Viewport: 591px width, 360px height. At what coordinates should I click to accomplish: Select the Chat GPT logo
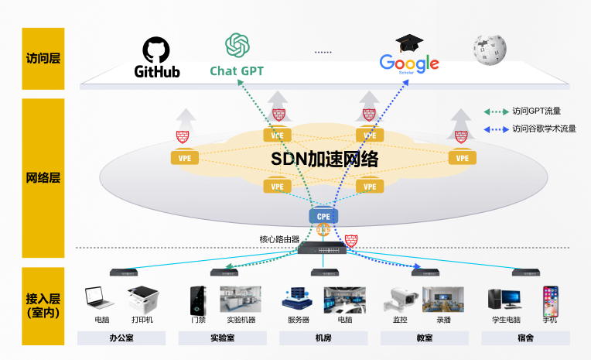pyautogui.click(x=237, y=56)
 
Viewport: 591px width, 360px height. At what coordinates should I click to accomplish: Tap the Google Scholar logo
pyautogui.click(x=409, y=56)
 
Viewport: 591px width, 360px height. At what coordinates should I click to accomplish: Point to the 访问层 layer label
pyautogui.click(x=43, y=58)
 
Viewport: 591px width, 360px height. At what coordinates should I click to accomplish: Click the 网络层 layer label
pyautogui.click(x=43, y=177)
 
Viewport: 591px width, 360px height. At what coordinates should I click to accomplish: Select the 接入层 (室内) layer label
pyautogui.click(x=43, y=305)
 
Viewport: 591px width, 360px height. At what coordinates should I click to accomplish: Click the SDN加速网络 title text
pyautogui.click(x=324, y=159)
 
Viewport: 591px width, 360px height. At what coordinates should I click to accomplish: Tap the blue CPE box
pyautogui.click(x=323, y=216)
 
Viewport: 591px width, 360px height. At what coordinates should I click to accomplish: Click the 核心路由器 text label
pyautogui.click(x=279, y=239)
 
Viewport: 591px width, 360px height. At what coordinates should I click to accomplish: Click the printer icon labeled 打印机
pyautogui.click(x=142, y=299)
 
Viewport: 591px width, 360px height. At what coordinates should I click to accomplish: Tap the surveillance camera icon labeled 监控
pyautogui.click(x=400, y=299)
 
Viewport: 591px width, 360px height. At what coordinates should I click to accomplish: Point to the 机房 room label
pyautogui.click(x=323, y=338)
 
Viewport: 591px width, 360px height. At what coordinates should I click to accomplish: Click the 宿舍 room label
pyautogui.click(x=525, y=338)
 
